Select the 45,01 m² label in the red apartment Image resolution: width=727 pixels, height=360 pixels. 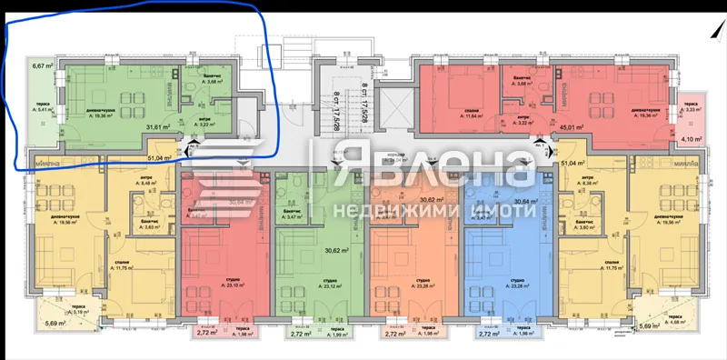coord(570,127)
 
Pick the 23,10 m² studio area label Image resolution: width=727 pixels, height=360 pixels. coord(212,286)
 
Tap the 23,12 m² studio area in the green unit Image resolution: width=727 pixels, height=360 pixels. coord(307,286)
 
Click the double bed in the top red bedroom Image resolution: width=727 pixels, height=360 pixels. coord(453,93)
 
